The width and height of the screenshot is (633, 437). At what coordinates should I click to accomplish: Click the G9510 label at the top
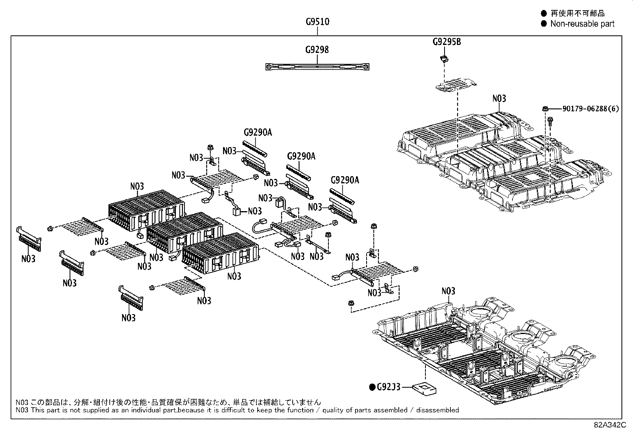point(317,22)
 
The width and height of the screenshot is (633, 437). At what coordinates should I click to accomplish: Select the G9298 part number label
point(317,50)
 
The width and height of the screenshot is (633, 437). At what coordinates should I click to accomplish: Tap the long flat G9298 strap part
point(317,67)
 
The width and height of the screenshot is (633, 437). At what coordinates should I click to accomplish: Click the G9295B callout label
point(447,42)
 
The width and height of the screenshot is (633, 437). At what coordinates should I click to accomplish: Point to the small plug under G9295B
point(445,59)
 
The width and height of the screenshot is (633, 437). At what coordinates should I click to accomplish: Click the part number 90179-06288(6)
point(590,109)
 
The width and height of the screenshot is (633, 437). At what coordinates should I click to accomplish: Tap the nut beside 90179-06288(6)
point(546,109)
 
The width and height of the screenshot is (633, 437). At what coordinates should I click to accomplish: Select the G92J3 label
point(389,387)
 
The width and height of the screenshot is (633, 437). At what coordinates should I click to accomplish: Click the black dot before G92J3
point(372,387)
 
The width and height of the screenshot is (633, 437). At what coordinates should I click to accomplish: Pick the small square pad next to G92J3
point(424,389)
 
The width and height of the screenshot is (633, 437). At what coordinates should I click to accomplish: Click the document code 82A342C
point(610,425)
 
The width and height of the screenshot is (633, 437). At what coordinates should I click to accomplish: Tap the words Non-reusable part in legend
point(583,24)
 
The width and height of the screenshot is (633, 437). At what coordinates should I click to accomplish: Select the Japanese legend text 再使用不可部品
point(578,13)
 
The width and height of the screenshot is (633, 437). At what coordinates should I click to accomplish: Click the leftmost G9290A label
point(258,132)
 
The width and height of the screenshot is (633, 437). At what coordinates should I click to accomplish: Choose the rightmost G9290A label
point(345,180)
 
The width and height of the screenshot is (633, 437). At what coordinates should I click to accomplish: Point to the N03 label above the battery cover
point(499,99)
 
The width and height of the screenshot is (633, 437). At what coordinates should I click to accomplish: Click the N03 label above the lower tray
point(449,291)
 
